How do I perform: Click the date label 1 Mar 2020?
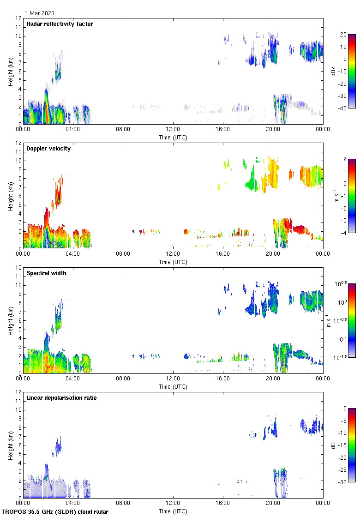pos(39,13)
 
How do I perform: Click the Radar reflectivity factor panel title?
pos(60,24)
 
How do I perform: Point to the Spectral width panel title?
pos(47,273)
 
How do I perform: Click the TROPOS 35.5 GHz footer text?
pos(55,511)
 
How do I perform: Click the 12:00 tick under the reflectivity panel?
pos(173,129)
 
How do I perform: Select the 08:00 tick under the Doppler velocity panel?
pos(123,254)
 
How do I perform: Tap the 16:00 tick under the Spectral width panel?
pos(223,379)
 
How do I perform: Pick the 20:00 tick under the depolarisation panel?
pos(273,503)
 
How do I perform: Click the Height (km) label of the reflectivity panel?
pos(10,71)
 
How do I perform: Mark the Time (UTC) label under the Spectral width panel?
pos(173,386)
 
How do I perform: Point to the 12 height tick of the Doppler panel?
pos(18,143)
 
